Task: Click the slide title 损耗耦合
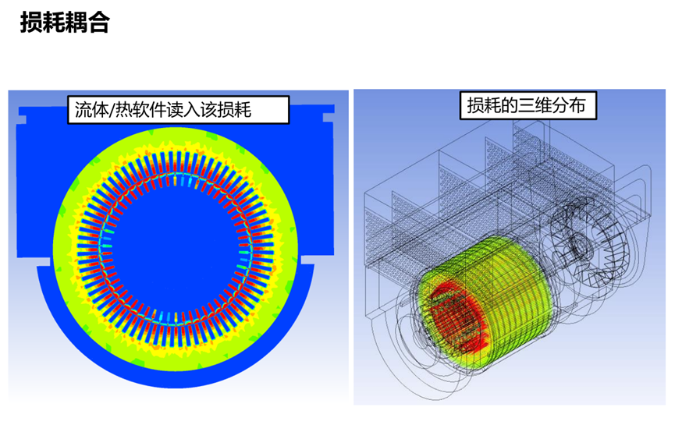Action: [x=65, y=22]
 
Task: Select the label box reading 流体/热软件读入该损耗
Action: [x=178, y=110]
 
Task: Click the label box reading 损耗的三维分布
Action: [x=528, y=105]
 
